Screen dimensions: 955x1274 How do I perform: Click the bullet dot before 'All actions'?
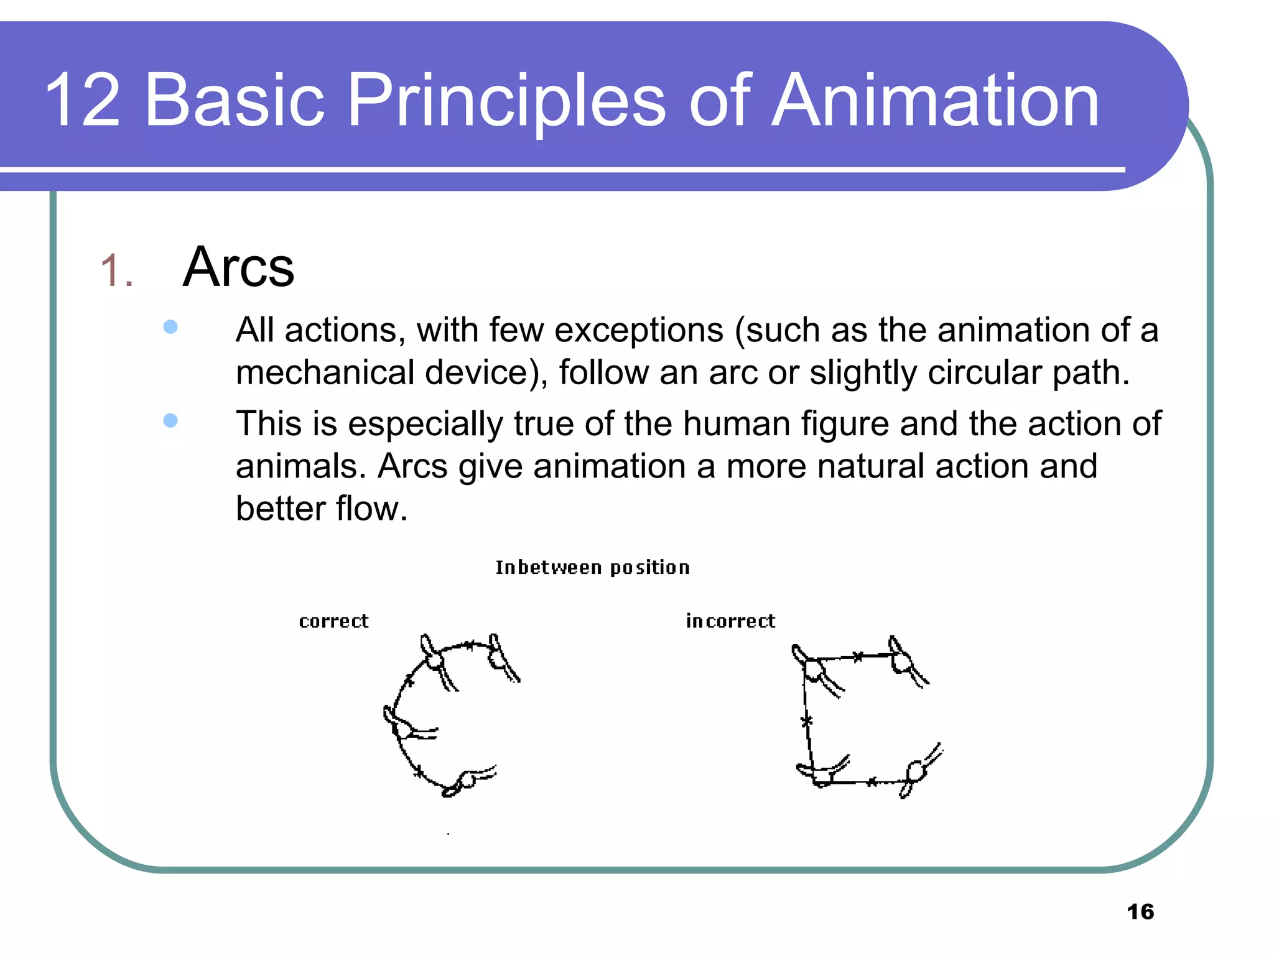[x=170, y=327]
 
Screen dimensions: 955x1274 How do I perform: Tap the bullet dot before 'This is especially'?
[x=170, y=421]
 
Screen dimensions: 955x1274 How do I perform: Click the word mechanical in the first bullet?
[x=325, y=373]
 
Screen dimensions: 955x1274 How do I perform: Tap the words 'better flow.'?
[x=321, y=509]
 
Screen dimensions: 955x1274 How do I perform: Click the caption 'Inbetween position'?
[x=592, y=568]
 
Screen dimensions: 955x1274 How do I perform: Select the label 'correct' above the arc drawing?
[x=333, y=621]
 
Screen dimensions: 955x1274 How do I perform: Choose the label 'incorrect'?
[x=730, y=621]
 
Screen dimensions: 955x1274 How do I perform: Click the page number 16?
[x=1140, y=911]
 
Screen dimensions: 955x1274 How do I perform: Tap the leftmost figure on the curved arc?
[x=404, y=725]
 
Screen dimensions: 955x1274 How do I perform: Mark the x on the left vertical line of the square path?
[x=806, y=721]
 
